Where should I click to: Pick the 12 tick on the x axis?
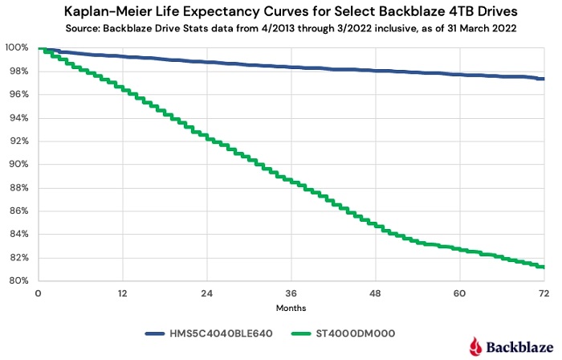coord(122,294)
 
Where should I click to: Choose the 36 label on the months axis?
coord(291,294)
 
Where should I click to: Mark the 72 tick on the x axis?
coord(544,294)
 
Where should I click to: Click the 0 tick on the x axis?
coord(38,294)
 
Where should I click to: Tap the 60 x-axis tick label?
coord(459,294)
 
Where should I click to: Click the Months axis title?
coord(291,308)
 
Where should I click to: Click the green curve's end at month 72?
coord(544,267)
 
